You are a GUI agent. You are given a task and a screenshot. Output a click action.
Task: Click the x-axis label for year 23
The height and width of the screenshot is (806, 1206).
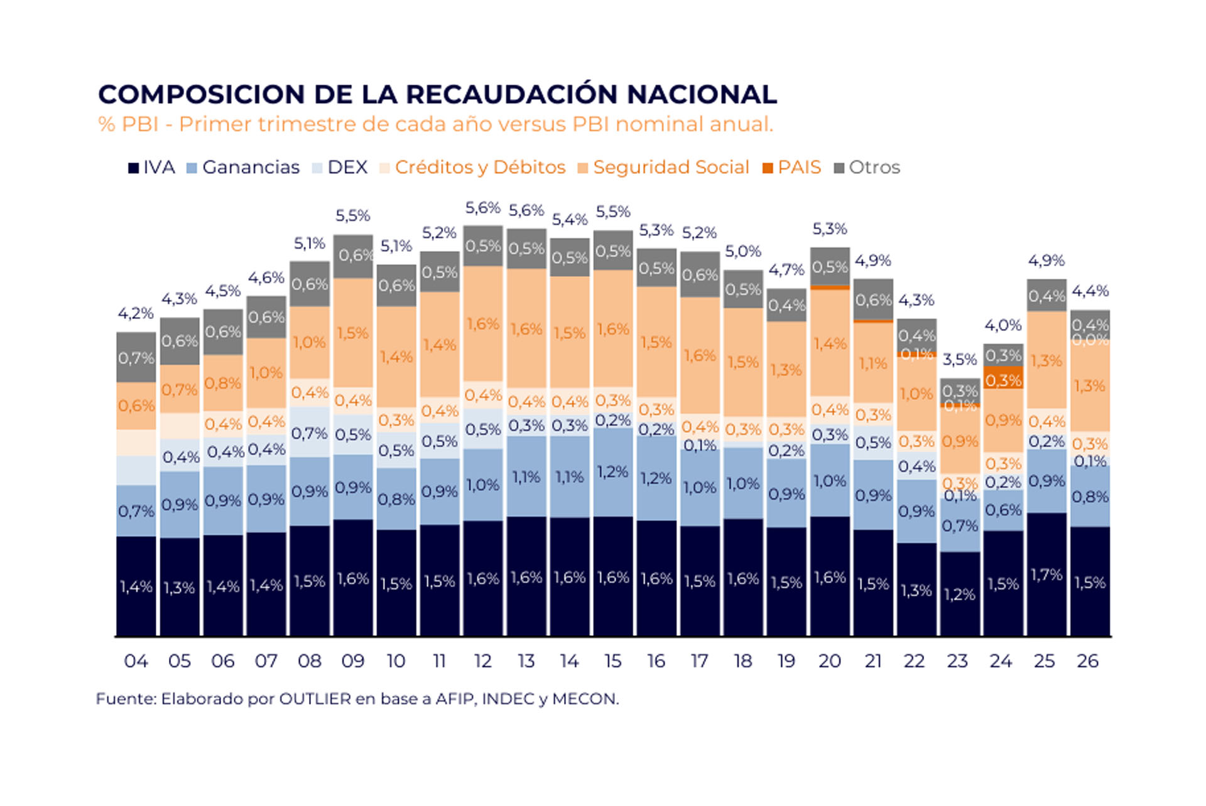tap(957, 661)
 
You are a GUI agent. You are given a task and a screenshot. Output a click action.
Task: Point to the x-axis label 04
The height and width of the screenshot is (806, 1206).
tap(136, 661)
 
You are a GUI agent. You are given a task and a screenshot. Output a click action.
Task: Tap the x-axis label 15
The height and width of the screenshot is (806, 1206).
tap(612, 661)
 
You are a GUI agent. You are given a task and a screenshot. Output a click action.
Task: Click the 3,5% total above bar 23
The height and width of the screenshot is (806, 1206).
tap(959, 360)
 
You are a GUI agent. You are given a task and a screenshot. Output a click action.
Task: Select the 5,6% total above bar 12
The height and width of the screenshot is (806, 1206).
tap(482, 208)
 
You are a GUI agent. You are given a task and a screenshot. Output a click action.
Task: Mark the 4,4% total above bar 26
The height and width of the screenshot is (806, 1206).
tap(1090, 291)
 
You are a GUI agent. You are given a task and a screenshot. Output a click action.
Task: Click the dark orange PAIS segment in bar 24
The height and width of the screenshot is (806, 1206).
tap(1003, 379)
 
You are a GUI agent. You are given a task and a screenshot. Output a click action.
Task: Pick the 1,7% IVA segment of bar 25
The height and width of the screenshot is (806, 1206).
tap(1046, 574)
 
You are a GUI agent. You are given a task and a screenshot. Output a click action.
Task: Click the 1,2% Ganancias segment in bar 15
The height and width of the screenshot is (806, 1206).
tap(612, 472)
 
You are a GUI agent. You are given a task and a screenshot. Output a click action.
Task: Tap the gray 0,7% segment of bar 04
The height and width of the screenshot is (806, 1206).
tap(136, 358)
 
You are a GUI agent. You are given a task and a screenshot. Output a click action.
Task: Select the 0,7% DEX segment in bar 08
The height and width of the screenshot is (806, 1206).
tap(310, 433)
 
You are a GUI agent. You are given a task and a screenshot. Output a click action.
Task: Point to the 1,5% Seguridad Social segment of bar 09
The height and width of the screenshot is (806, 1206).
tap(353, 333)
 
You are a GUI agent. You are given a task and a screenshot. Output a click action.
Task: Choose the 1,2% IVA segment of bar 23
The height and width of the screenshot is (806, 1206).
tap(960, 594)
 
